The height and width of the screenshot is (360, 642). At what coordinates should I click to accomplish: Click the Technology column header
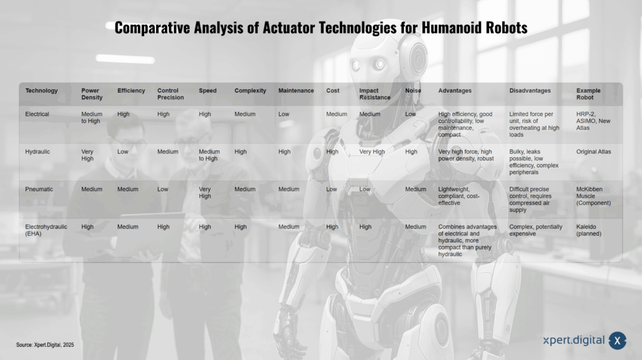tap(41, 90)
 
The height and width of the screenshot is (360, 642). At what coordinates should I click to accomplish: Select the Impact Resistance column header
tap(375, 94)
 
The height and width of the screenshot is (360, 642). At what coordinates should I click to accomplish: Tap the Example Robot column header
tap(588, 94)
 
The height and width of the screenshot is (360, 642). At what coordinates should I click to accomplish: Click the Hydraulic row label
tap(37, 152)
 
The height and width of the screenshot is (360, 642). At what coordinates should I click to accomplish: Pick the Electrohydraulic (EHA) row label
tap(46, 230)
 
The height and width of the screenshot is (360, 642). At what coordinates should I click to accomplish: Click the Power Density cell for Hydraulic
tap(87, 155)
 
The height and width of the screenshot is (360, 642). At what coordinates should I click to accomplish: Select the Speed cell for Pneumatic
tap(205, 193)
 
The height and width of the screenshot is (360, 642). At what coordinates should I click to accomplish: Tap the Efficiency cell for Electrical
tap(124, 114)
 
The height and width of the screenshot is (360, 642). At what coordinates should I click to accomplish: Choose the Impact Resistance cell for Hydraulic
tap(372, 152)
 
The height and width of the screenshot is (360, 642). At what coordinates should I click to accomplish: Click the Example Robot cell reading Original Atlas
tap(593, 152)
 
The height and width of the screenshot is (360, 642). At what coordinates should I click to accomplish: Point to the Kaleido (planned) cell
tap(589, 230)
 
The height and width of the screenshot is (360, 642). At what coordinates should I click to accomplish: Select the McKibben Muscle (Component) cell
tap(593, 196)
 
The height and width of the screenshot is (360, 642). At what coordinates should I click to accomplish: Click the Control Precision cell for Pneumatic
tap(162, 189)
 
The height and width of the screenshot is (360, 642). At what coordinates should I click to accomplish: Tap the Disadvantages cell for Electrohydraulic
tap(535, 230)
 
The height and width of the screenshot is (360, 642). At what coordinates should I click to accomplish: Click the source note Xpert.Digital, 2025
tap(45, 345)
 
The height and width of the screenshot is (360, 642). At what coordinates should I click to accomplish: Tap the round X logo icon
tap(617, 341)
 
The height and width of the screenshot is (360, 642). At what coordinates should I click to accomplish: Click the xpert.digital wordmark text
tap(574, 341)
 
